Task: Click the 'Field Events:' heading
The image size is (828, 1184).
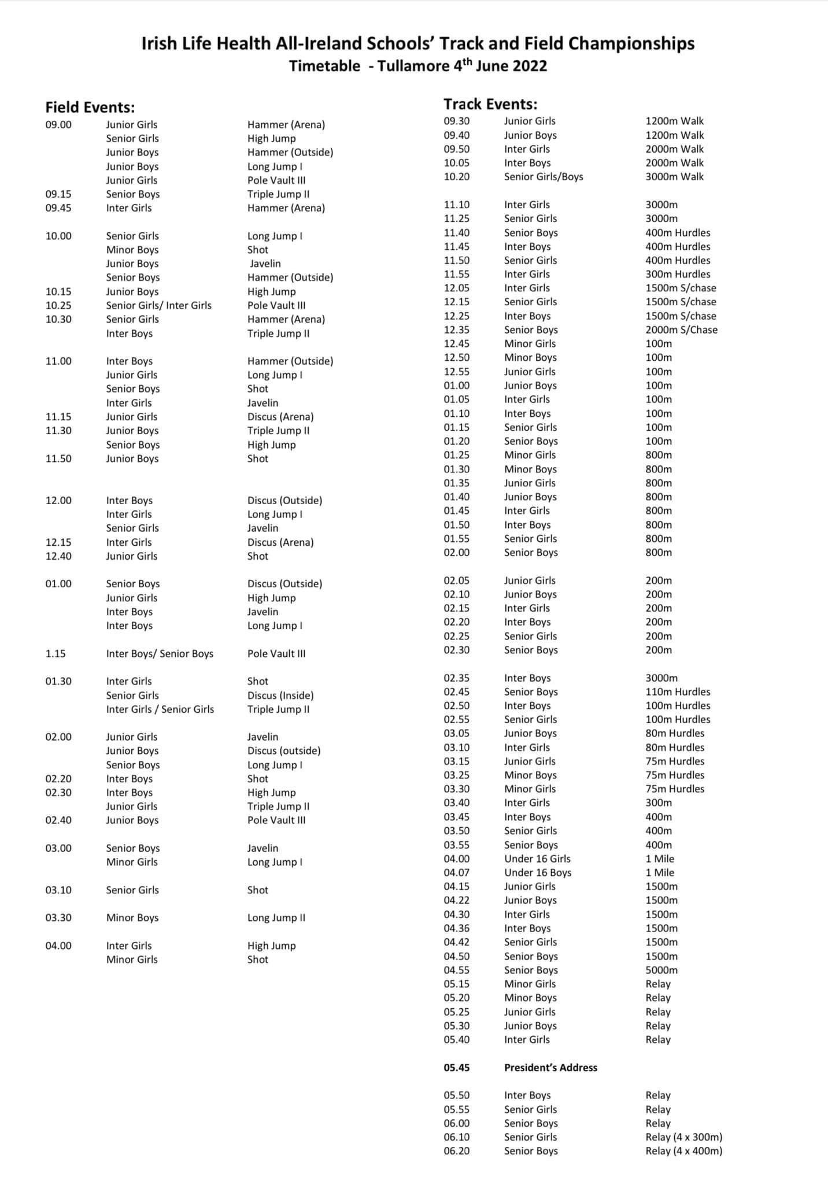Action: (90, 108)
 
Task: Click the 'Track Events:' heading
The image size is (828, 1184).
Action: (490, 104)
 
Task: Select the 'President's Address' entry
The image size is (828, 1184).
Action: (550, 1067)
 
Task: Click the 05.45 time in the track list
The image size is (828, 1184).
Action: (457, 1067)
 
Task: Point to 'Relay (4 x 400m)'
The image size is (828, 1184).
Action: (683, 1150)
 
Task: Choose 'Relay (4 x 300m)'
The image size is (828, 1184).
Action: (683, 1137)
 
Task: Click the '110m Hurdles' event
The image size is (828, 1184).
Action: (678, 691)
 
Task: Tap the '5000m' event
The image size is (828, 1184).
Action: (661, 970)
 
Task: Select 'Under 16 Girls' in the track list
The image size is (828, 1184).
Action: (537, 859)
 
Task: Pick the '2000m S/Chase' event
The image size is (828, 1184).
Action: (681, 330)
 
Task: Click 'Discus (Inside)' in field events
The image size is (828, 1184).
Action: (280, 695)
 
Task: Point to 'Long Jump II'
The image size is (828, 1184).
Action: (276, 917)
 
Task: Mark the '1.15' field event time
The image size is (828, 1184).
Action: (56, 653)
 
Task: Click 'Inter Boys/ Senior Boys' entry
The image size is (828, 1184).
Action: (160, 653)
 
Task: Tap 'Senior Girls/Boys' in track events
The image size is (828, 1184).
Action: (544, 176)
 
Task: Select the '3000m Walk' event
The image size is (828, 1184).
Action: (674, 176)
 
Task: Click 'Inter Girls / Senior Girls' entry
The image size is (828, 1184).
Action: (160, 709)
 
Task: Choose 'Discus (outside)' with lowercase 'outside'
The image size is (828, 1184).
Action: (284, 750)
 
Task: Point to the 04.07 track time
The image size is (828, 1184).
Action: (457, 872)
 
